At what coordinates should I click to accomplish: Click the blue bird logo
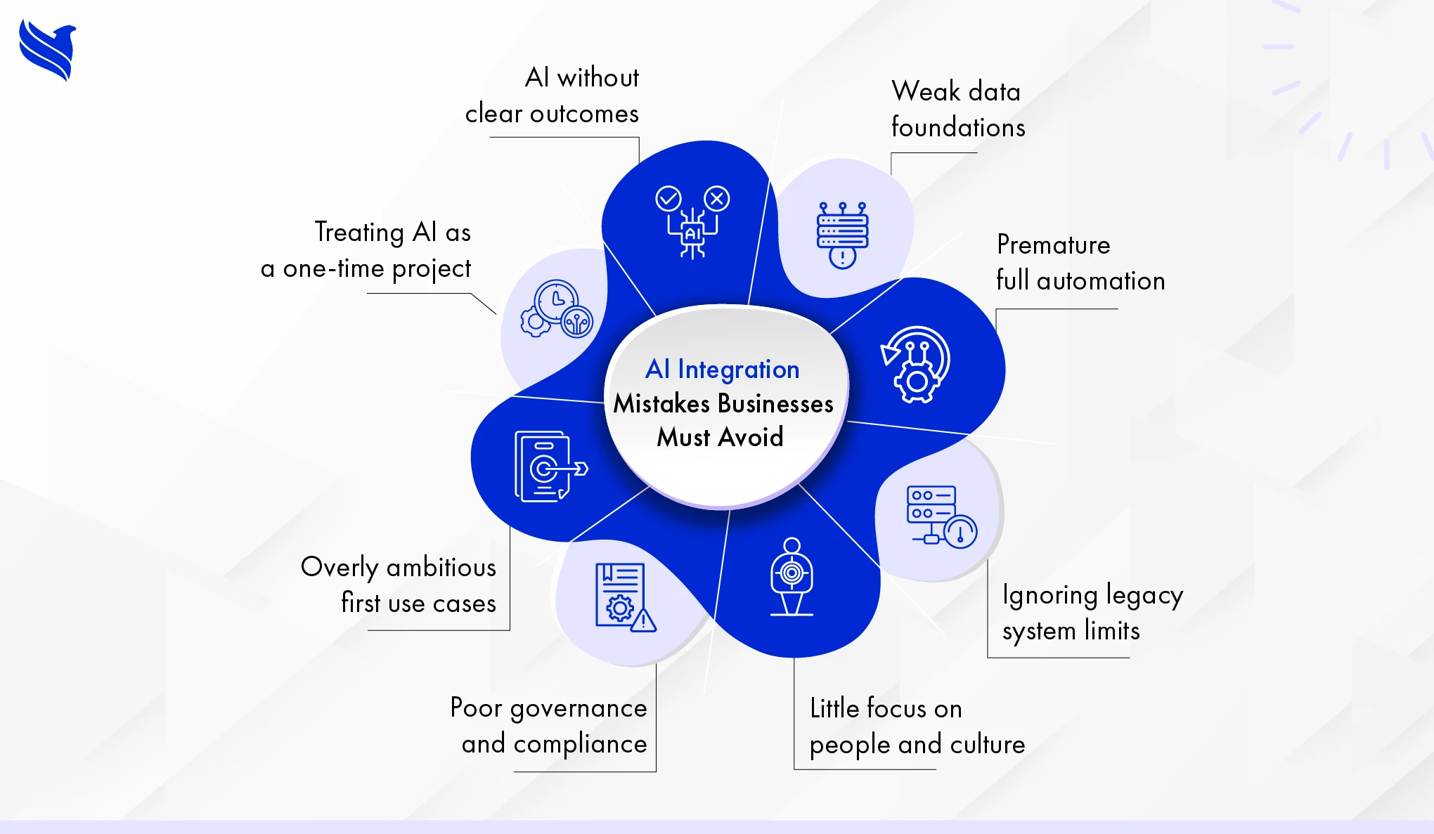(x=47, y=50)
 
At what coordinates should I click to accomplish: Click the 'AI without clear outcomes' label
(x=553, y=96)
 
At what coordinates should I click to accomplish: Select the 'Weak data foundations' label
(x=957, y=110)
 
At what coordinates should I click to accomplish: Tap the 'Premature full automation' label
(x=1080, y=263)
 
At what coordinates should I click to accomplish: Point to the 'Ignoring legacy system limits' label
(x=1092, y=613)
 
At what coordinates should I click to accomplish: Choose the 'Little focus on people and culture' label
(x=917, y=727)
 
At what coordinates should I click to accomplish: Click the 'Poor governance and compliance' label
(x=549, y=726)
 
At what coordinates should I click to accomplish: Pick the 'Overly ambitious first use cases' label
(x=399, y=585)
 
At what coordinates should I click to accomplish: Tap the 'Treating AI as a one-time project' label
(x=366, y=250)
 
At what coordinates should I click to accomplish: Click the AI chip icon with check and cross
(x=692, y=221)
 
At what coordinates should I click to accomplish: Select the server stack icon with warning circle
(x=842, y=235)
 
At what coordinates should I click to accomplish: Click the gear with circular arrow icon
(x=915, y=365)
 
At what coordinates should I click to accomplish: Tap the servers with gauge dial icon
(x=941, y=516)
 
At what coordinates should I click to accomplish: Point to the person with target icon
(x=792, y=577)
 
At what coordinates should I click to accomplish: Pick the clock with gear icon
(x=557, y=309)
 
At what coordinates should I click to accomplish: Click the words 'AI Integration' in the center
(x=722, y=369)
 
